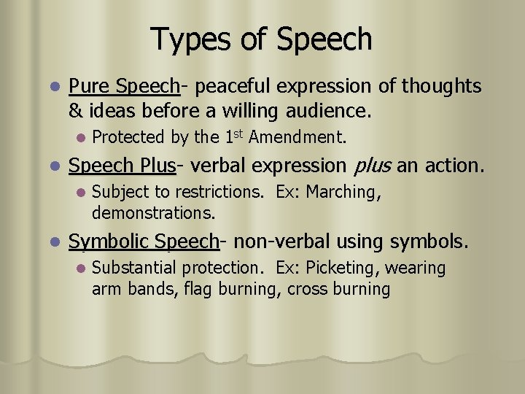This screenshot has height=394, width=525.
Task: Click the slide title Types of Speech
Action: (x=261, y=39)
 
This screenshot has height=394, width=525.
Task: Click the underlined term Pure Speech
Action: (x=124, y=87)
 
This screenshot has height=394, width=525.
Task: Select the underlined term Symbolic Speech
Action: (x=144, y=242)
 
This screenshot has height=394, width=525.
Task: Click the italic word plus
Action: (x=372, y=166)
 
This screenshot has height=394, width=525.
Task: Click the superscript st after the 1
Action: (x=236, y=132)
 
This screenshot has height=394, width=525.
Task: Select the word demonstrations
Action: (x=154, y=213)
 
